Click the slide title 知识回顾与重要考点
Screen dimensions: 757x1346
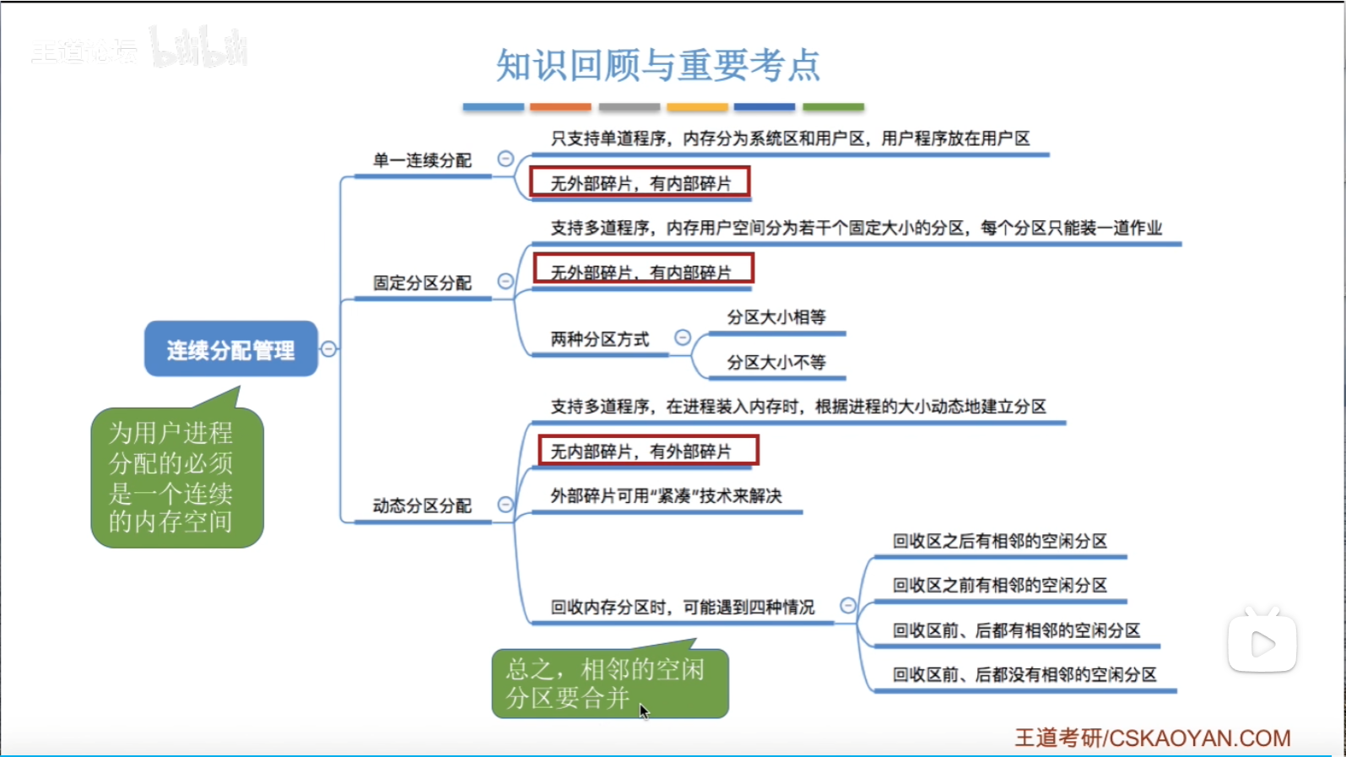pyautogui.click(x=657, y=65)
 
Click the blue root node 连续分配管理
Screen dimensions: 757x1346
pyautogui.click(x=230, y=349)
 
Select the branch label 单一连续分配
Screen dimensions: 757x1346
pyautogui.click(x=422, y=160)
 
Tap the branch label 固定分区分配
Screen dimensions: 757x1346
pyautogui.click(x=422, y=283)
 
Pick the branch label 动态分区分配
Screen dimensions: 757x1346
pyautogui.click(x=422, y=506)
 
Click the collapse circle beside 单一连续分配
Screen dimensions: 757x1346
pyautogui.click(x=505, y=159)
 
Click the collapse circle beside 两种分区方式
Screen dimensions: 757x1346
pyautogui.click(x=683, y=338)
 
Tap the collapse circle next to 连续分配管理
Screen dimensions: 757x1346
pyautogui.click(x=329, y=349)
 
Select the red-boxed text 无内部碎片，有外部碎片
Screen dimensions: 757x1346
pyautogui.click(x=648, y=451)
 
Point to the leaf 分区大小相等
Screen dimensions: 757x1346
pyautogui.click(x=776, y=317)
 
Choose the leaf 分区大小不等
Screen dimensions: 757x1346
pyautogui.click(x=776, y=362)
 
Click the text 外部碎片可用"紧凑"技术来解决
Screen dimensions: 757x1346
pyautogui.click(x=666, y=495)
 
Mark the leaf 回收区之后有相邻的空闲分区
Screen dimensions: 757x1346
pyautogui.click(x=999, y=541)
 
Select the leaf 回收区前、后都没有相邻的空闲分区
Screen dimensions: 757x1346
pyautogui.click(x=1024, y=674)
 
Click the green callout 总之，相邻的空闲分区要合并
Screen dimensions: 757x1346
pyautogui.click(x=609, y=684)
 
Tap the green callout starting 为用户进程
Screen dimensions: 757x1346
pyautogui.click(x=176, y=477)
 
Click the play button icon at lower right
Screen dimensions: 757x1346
pyautogui.click(x=1262, y=643)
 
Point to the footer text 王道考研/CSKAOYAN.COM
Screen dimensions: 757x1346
pyautogui.click(x=1152, y=738)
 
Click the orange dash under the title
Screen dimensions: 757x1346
pyautogui.click(x=560, y=107)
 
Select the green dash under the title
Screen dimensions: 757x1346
pyautogui.click(x=833, y=107)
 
